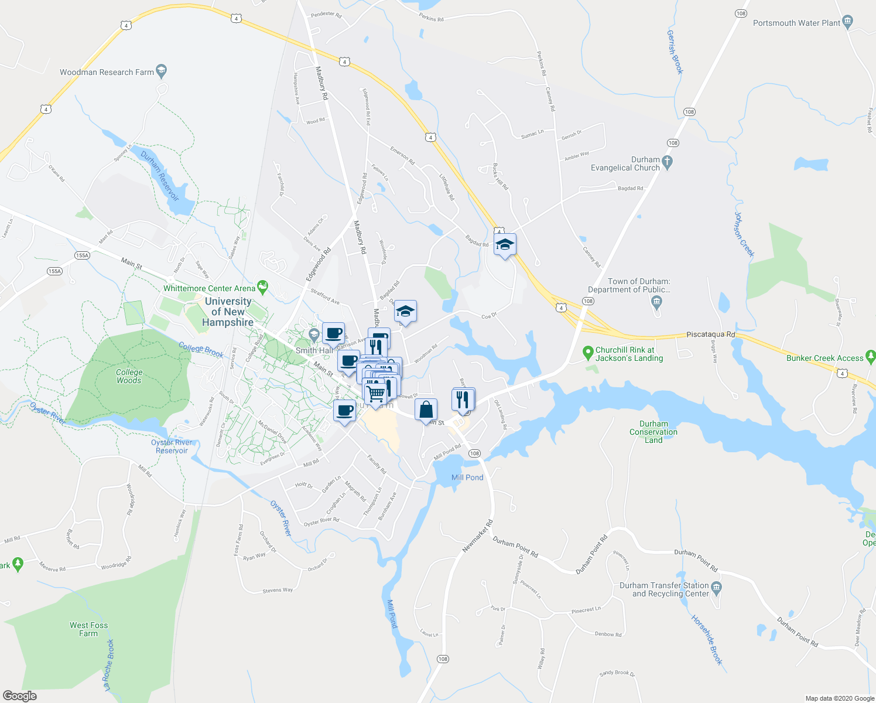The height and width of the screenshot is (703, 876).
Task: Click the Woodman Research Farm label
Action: point(107,72)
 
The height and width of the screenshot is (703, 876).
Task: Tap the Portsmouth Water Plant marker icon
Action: point(848,22)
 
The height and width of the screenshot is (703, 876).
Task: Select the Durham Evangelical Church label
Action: point(625,163)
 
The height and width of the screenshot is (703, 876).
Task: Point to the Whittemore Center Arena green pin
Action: point(262,287)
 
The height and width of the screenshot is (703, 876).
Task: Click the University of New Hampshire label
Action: point(228,312)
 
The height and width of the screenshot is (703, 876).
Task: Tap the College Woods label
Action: point(129,376)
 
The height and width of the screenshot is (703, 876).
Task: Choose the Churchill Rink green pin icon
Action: point(588,353)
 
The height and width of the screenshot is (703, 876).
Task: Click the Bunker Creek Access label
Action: point(824,358)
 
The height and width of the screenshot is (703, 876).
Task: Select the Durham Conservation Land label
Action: point(653,432)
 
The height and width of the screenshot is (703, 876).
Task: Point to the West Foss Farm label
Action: point(88,629)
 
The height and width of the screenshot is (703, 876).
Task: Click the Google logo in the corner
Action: point(19,696)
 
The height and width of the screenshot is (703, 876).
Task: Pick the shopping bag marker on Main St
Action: point(426,409)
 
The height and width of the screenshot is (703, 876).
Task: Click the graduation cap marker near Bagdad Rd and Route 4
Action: point(505,244)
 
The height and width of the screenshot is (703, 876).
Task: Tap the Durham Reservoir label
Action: point(159,175)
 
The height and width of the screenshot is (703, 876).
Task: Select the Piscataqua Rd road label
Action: point(710,335)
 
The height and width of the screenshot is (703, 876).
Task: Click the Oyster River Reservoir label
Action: point(172,446)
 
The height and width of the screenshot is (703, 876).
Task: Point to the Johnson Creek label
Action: point(744,234)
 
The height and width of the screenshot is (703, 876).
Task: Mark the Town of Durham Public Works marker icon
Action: point(656,302)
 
